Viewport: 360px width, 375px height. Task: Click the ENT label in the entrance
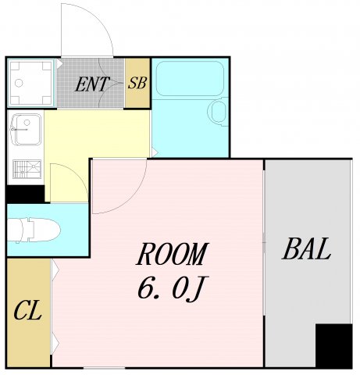[x=92, y=84]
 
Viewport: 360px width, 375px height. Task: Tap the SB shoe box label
[x=137, y=83]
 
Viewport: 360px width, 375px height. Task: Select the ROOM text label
[x=172, y=254]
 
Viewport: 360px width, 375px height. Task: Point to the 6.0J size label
[x=172, y=287]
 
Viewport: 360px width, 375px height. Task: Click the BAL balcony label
[x=306, y=248]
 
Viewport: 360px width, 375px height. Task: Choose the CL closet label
[x=27, y=310]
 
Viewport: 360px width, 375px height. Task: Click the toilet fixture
[x=34, y=230]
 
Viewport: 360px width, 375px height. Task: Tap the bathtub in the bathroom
[x=190, y=79]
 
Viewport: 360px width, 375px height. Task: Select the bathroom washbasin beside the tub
[x=218, y=112]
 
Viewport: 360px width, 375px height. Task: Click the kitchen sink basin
[x=27, y=129]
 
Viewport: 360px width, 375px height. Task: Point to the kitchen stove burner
[x=27, y=169]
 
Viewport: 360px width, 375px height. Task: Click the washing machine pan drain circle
[x=19, y=83]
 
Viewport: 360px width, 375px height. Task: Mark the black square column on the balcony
[x=333, y=345]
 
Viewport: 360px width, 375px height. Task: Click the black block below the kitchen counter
[x=25, y=194]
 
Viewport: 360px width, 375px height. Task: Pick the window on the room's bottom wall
[x=104, y=368]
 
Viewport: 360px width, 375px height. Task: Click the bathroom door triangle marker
[x=155, y=152]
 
